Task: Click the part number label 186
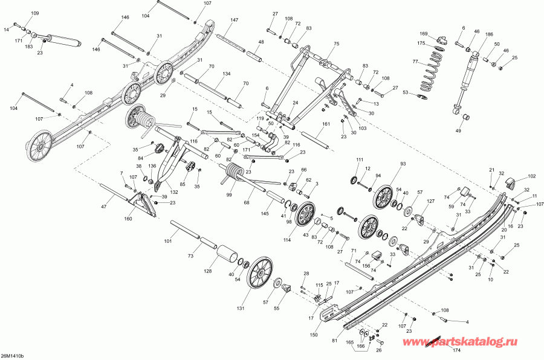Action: coord(489,34)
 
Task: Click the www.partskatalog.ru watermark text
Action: coord(460,342)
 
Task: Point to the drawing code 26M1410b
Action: coord(13,356)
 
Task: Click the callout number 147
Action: coord(234,20)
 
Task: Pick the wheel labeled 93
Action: coord(385,197)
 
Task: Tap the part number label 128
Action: coord(207,271)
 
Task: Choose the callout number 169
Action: coord(424,34)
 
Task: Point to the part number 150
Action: coord(314,335)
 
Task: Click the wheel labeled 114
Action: coord(306,215)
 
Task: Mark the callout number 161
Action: coord(326,124)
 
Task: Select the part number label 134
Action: coord(226,74)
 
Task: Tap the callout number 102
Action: coord(531,176)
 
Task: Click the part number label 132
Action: coord(174,192)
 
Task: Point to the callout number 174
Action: coord(456,350)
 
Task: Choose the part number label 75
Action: coord(336,43)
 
